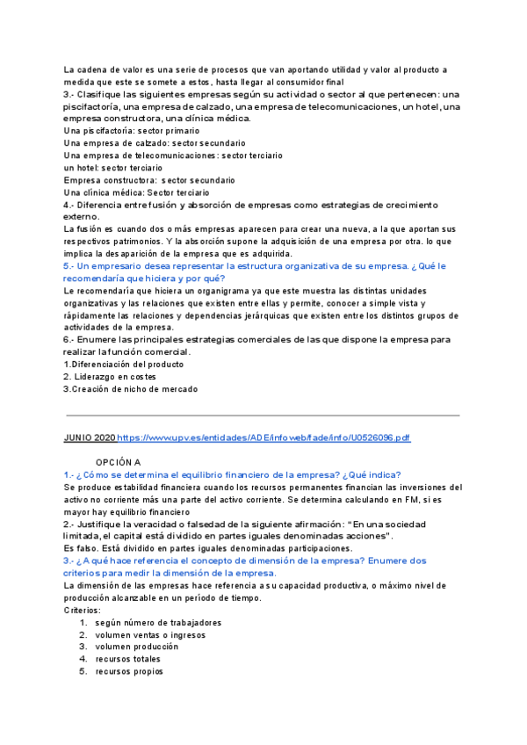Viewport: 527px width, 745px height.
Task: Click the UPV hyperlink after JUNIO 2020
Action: (x=263, y=437)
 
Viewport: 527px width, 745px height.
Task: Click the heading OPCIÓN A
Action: (x=119, y=461)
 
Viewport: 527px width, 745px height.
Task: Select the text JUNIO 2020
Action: (x=90, y=437)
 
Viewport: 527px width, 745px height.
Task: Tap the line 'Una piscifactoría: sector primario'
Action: (x=131, y=131)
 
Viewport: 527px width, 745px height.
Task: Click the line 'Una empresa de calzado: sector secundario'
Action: (x=155, y=143)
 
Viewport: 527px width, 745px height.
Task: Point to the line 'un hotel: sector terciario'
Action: (x=113, y=168)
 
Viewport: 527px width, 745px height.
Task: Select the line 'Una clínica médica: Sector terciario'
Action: (x=136, y=192)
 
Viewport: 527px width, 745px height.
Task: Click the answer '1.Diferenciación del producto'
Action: (x=124, y=364)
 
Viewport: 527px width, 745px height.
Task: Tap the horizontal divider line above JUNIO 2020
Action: (x=263, y=415)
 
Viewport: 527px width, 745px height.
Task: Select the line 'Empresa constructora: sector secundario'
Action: (x=149, y=180)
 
